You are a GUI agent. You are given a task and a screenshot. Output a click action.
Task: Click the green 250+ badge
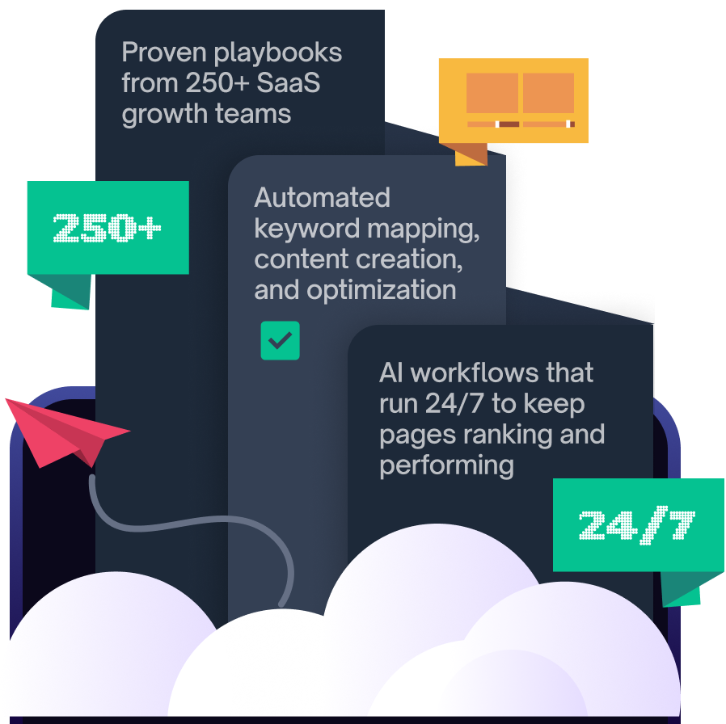(108, 228)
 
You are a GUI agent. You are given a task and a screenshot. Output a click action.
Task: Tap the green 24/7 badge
(637, 524)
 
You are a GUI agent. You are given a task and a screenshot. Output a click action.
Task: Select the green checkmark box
(280, 341)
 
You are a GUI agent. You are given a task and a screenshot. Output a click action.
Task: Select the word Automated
(322, 198)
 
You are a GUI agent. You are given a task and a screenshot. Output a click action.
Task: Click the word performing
(446, 465)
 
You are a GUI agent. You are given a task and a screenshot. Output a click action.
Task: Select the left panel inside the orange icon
(492, 93)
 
